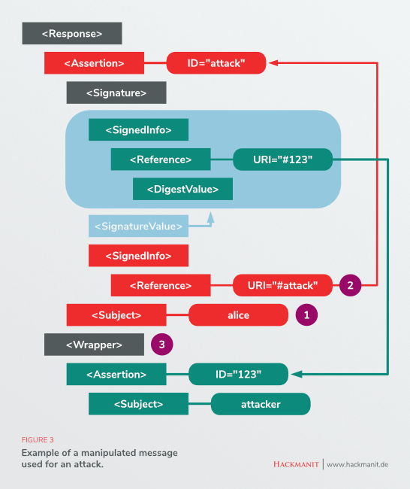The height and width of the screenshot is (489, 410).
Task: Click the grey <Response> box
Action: (x=72, y=33)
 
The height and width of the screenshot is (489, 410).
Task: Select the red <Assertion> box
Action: (x=94, y=63)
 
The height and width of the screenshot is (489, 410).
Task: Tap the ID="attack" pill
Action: (x=216, y=63)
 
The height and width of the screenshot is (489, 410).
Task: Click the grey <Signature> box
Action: (x=116, y=93)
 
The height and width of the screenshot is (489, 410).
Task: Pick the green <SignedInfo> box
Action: (x=138, y=129)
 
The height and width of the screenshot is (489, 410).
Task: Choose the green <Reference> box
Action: (x=160, y=159)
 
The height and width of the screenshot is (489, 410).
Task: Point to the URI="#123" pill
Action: (x=282, y=159)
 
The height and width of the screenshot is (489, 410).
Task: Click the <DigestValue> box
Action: (x=182, y=189)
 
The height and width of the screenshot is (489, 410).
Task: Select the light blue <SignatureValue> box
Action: (x=138, y=226)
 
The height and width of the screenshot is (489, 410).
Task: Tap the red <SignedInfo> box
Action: (x=138, y=256)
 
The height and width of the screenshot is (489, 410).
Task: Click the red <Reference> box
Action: (x=160, y=285)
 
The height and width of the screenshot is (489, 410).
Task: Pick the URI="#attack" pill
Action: (x=282, y=285)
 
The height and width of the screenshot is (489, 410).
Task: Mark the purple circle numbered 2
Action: (x=350, y=285)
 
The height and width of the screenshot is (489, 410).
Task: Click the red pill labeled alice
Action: (x=238, y=315)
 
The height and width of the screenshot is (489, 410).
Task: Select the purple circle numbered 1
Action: (x=306, y=315)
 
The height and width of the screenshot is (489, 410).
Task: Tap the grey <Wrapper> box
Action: (x=94, y=345)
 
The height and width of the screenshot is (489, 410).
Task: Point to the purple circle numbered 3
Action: (x=161, y=345)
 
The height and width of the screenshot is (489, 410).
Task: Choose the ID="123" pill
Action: (x=238, y=374)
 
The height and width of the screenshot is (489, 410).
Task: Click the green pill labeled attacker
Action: (x=261, y=404)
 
